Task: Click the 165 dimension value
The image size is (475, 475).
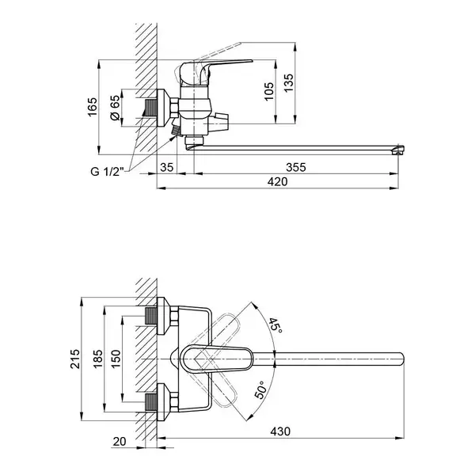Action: pos(93,106)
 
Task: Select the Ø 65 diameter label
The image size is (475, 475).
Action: pos(115,108)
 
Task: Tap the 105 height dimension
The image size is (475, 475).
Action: pos(268,92)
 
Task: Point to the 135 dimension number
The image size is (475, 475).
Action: pos(288,82)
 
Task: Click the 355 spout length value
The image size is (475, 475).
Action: pos(296,167)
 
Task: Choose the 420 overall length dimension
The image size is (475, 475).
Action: pos(278,182)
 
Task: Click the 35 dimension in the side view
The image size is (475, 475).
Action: pos(166,167)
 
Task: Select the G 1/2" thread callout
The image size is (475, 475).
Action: pos(108,172)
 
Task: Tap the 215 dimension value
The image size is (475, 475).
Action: pos(75,359)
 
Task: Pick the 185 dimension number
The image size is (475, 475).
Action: pos(98,359)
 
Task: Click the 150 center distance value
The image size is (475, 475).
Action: pos(116,359)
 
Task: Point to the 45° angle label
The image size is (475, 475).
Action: pos(275,325)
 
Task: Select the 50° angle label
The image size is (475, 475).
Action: pos(261,389)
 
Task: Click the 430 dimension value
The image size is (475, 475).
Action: pos(280,431)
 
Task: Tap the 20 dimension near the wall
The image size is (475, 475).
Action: pos(120,442)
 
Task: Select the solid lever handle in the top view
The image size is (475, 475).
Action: pos(217,359)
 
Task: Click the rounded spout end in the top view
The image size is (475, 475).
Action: pos(402,359)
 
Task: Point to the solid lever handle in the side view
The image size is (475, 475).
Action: pos(212,70)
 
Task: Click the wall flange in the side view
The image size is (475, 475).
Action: pos(164,108)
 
